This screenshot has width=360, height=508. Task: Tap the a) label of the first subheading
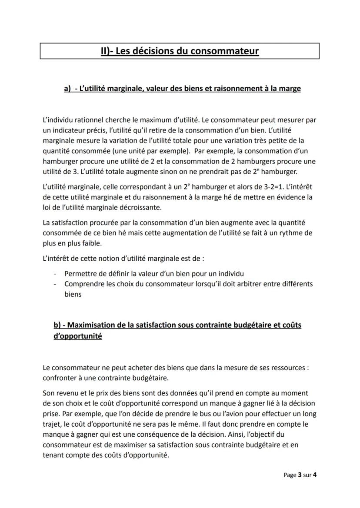tap(67, 89)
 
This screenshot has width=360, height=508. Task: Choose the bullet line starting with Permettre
tap(154, 274)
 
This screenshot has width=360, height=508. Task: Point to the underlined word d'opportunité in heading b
tap(78, 336)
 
